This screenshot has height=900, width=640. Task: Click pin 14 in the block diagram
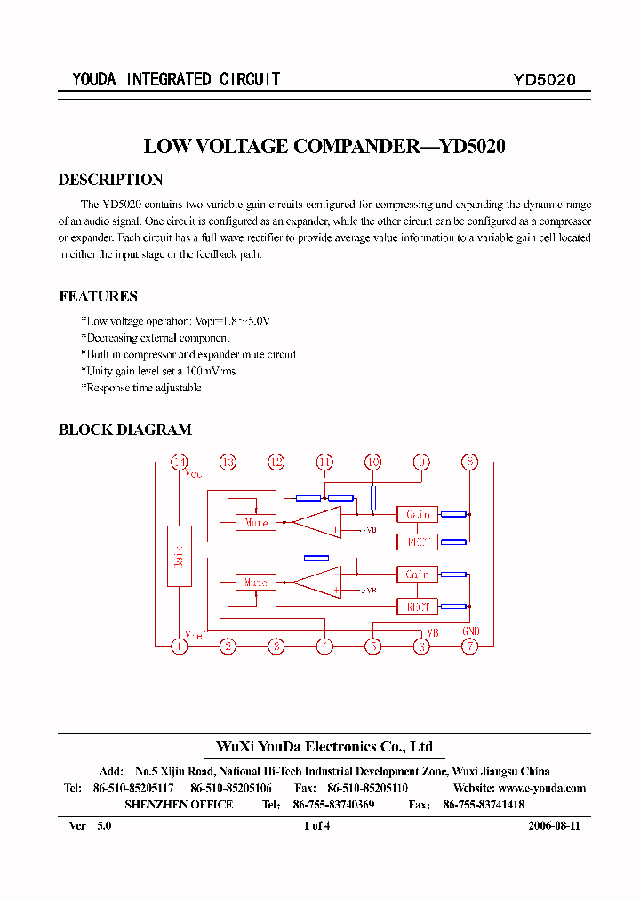click(x=180, y=462)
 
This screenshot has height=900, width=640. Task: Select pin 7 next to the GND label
click(x=469, y=647)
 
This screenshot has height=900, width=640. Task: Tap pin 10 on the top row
click(x=372, y=462)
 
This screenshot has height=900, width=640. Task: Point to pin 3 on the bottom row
click(x=276, y=647)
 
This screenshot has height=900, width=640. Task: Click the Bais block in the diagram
click(x=180, y=556)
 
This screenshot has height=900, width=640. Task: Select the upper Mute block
click(x=256, y=523)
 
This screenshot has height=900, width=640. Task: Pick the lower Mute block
click(x=256, y=583)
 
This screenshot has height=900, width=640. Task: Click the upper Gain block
click(x=417, y=514)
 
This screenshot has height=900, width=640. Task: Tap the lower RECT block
click(x=417, y=607)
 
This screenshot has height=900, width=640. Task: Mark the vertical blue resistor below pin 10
click(x=373, y=497)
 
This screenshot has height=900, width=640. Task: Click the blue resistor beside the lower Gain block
click(x=453, y=575)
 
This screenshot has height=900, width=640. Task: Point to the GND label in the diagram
click(x=471, y=631)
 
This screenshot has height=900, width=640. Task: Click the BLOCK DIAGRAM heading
click(x=124, y=430)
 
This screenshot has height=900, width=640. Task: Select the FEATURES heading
click(x=98, y=296)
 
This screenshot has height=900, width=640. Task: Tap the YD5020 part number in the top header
click(x=544, y=79)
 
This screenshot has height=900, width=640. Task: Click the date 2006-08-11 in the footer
click(x=554, y=825)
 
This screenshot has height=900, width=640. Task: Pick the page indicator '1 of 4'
click(x=316, y=825)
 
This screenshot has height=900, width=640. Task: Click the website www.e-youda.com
click(x=542, y=788)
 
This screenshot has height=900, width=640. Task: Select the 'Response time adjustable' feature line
click(x=142, y=388)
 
